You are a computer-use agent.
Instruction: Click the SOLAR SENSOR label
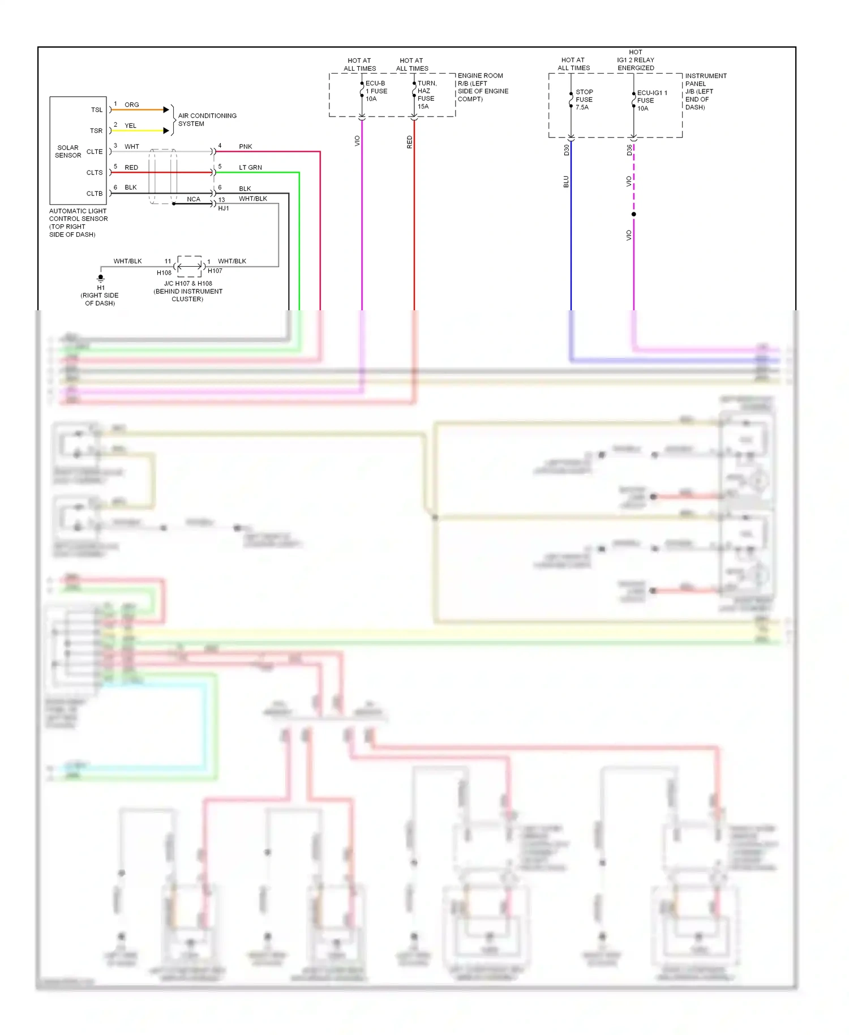(x=68, y=151)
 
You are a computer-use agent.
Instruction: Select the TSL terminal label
(x=97, y=110)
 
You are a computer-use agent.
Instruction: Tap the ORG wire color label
(x=132, y=105)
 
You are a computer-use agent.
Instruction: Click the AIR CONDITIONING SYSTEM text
(x=207, y=119)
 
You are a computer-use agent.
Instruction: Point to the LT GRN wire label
(x=250, y=168)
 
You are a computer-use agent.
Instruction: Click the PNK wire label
(x=245, y=147)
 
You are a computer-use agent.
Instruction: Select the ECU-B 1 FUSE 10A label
(x=376, y=91)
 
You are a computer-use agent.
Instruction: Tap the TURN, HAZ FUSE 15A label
(x=427, y=95)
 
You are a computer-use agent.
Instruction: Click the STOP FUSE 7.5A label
(x=584, y=99)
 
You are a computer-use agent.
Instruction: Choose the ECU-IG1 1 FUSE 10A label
(x=651, y=100)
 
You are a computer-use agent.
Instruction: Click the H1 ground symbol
(x=101, y=278)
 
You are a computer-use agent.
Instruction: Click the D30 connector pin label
(x=567, y=150)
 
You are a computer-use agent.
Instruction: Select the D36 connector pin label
(x=629, y=150)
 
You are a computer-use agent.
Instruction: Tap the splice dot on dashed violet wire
(x=634, y=214)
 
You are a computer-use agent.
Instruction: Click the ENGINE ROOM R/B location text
(x=482, y=87)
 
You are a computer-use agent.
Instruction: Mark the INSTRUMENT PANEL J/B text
(x=705, y=91)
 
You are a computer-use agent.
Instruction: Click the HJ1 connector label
(x=224, y=208)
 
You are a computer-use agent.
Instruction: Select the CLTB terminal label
(x=95, y=194)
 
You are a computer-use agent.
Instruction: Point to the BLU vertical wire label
(x=566, y=182)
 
